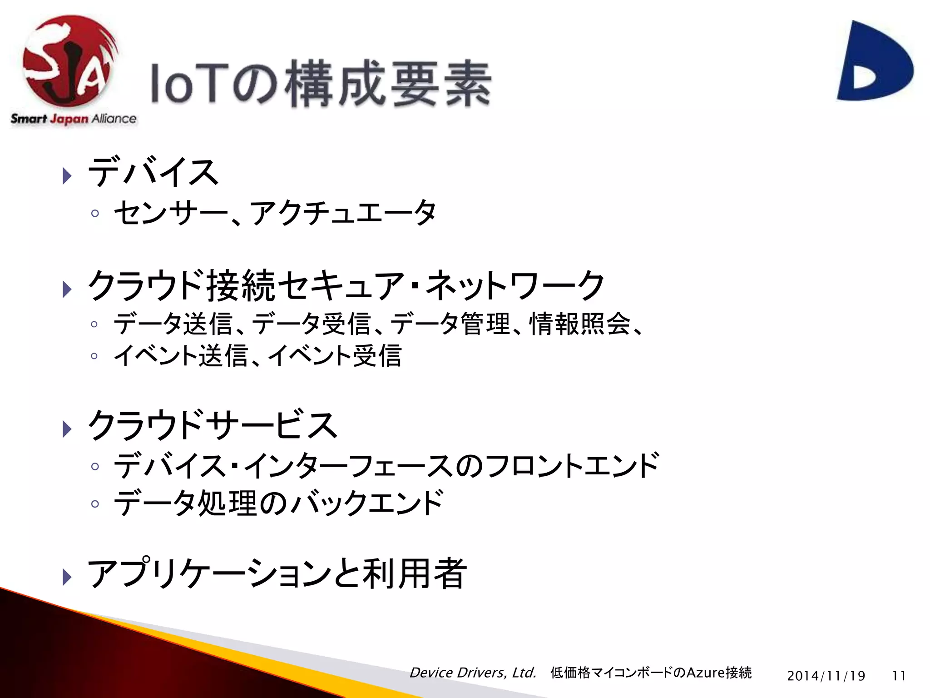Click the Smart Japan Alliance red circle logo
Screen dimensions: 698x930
[68, 61]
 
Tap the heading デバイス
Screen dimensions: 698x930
[153, 172]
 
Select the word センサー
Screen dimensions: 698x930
[170, 213]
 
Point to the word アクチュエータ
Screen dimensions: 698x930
[343, 213]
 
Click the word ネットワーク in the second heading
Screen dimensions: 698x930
[515, 285]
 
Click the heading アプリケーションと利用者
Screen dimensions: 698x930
[277, 573]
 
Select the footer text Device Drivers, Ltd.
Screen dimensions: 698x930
[473, 673]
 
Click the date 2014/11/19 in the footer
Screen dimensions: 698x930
[826, 676]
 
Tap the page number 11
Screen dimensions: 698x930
[899, 676]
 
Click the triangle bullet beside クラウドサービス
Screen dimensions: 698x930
[67, 429]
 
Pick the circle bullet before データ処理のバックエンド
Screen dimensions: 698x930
[94, 504]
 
